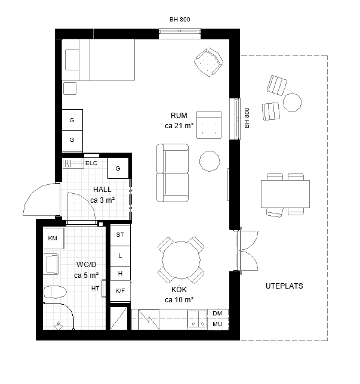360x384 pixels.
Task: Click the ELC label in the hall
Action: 91,163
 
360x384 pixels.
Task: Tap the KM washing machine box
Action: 54,239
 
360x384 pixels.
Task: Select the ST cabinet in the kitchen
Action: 120,235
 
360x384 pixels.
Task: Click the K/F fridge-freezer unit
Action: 120,291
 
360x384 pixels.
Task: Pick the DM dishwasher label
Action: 217,313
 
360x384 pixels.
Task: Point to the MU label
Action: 217,324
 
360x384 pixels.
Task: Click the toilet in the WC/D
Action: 55,292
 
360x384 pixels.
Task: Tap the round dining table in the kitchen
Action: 181,260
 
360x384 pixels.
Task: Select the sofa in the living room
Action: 173,173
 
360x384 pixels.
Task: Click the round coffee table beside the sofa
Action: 210,161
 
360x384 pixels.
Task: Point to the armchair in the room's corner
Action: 209,62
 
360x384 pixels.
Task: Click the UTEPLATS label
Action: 284,286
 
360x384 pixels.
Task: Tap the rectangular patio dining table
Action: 285,194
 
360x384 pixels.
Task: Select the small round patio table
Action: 293,102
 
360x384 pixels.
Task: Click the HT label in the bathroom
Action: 95,289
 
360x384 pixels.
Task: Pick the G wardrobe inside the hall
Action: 118,168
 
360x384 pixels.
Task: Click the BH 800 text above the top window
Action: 180,20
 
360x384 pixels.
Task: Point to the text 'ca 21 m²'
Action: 179,126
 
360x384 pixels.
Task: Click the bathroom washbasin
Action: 51,264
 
